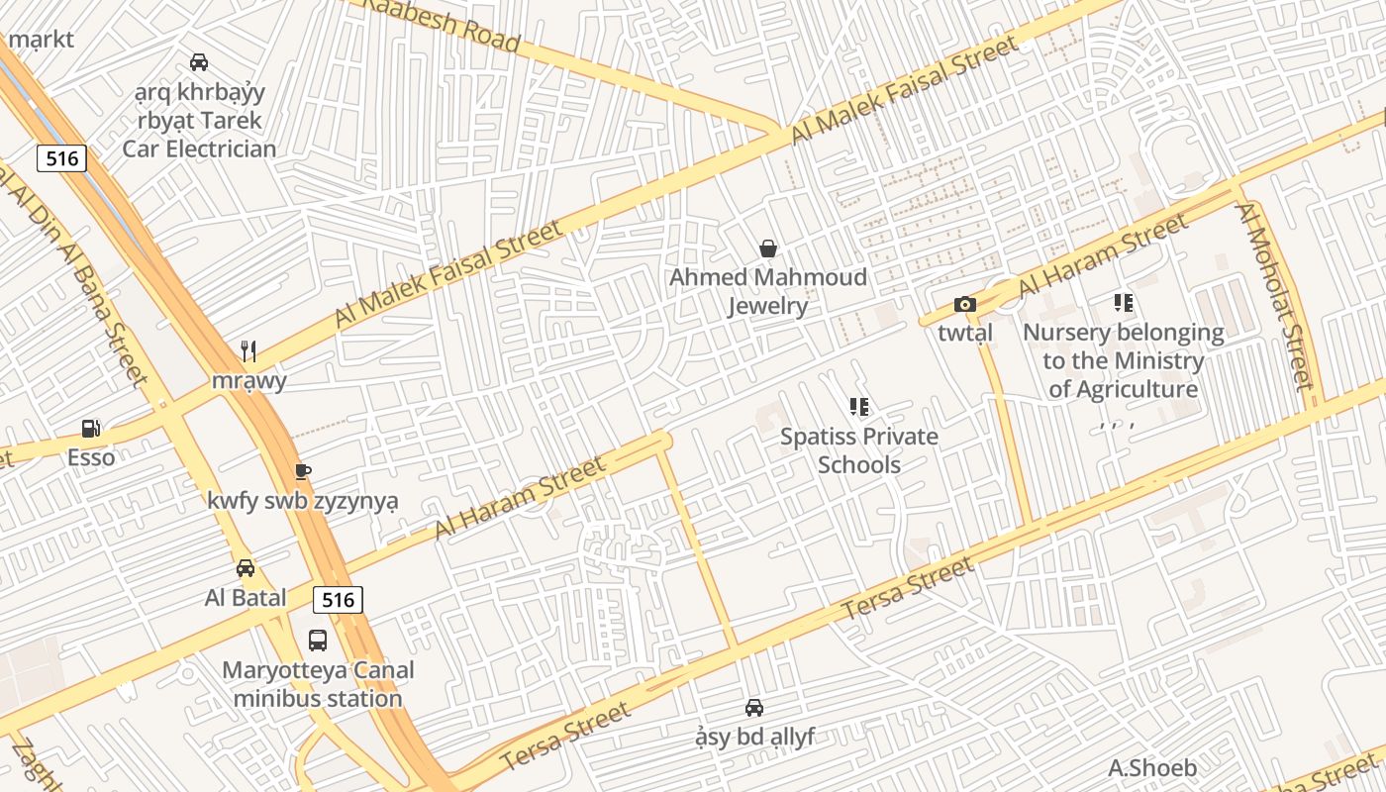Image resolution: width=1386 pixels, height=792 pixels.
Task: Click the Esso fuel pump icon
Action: point(91,429)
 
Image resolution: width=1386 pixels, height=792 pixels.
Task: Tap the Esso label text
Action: point(91,457)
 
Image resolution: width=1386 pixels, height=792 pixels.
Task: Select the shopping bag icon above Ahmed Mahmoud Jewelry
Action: point(767,248)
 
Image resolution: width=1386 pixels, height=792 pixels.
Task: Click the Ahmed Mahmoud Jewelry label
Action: point(768,291)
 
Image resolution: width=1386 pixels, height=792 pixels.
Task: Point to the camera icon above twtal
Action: point(965,305)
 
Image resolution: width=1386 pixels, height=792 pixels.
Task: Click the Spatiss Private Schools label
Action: point(859,450)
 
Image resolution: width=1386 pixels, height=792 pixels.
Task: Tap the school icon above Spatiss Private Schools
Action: point(859,407)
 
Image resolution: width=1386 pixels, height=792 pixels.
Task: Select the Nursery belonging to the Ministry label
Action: point(1124,360)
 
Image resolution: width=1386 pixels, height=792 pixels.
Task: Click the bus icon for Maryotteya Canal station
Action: point(318,641)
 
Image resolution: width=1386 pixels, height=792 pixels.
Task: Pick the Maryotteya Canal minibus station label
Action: point(318,684)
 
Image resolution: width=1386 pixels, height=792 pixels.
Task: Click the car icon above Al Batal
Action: point(246,568)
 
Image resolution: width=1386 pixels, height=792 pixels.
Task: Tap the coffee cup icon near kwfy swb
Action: point(303,471)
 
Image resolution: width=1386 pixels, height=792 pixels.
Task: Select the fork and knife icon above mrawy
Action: point(248,351)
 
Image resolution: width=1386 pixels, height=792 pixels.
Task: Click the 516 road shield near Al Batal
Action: point(338,599)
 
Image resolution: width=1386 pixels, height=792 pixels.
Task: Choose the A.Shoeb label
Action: point(1152,767)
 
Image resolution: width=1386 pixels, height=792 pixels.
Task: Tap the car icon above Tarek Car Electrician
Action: point(199,62)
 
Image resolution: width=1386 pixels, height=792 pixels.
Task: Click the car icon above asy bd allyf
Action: point(754,708)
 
